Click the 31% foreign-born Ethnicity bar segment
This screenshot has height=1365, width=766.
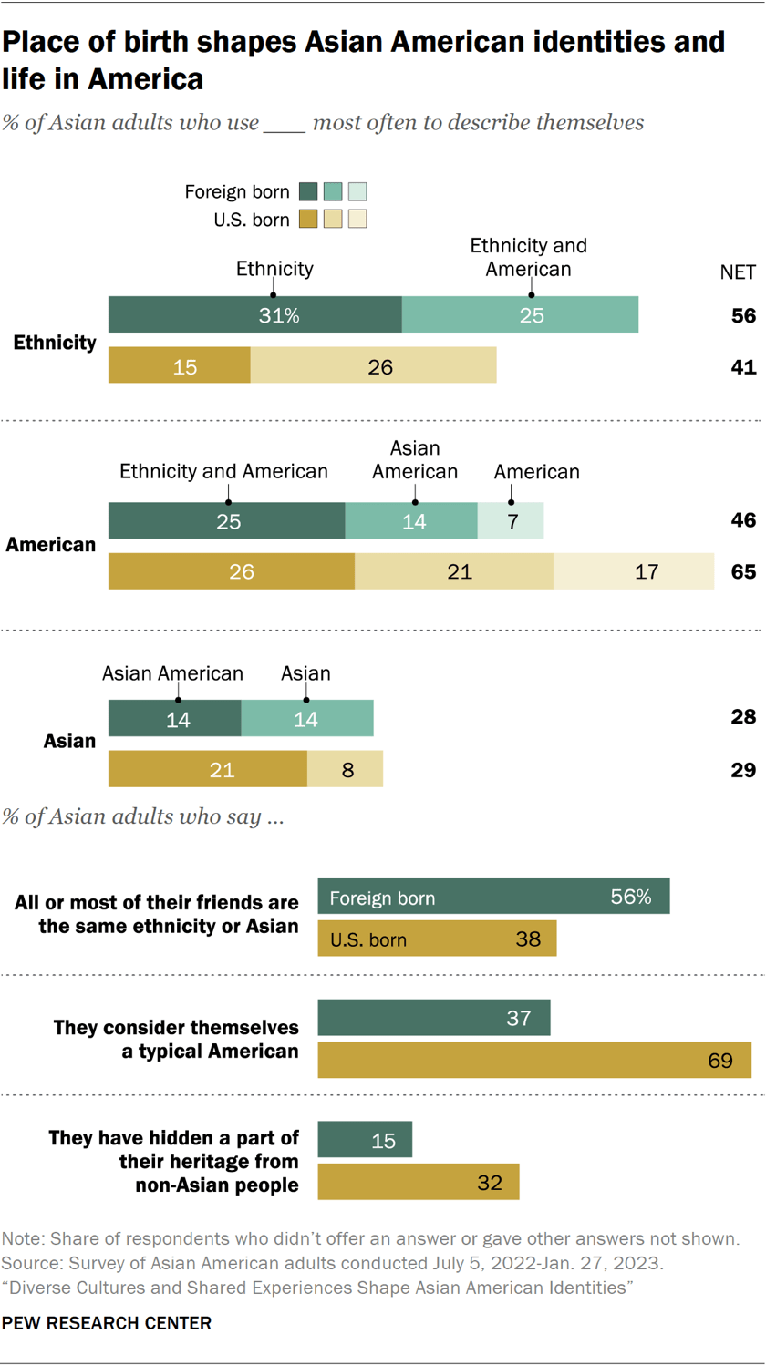[255, 315]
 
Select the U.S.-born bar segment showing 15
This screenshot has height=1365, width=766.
[180, 366]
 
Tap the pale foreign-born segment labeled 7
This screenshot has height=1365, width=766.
[511, 521]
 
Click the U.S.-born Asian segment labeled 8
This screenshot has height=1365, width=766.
[346, 770]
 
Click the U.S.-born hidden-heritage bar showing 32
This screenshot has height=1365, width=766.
[419, 1183]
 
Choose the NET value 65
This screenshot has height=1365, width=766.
[743, 572]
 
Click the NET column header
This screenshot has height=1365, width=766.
[738, 272]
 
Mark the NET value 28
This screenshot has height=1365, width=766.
[743, 717]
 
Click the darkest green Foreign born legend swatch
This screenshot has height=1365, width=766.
[308, 192]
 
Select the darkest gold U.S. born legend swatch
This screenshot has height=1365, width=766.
[308, 220]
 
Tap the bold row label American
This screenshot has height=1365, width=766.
[51, 545]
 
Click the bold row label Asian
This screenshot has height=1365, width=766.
[69, 741]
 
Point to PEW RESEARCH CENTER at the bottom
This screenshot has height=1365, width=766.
[107, 1323]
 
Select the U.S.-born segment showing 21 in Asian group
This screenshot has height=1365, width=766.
[208, 770]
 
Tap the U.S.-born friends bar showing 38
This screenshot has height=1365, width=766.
[437, 939]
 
